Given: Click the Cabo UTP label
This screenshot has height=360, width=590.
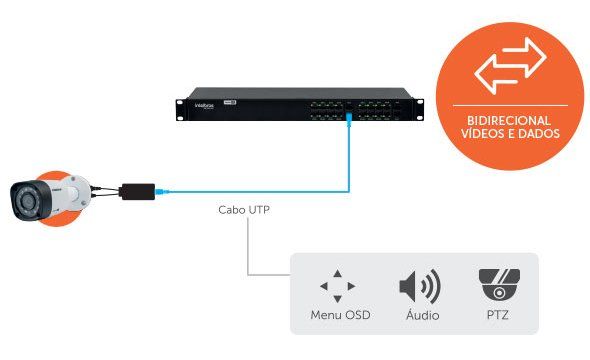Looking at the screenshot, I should (x=244, y=211).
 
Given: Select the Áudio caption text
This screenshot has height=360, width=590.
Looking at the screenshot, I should (x=419, y=317).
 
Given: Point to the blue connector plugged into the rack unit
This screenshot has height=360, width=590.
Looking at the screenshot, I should (x=348, y=119).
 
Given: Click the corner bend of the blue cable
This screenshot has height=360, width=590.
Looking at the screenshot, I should (x=347, y=190).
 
